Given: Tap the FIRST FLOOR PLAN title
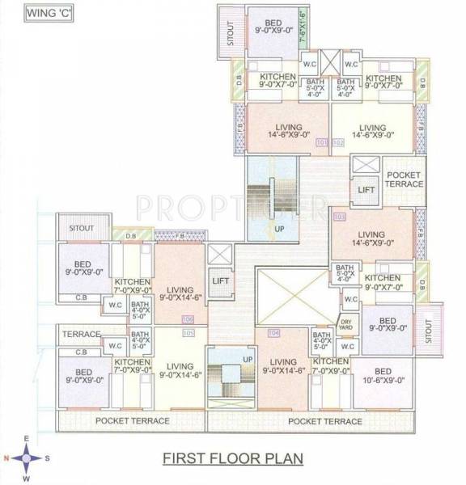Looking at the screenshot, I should pyautogui.click(x=233, y=458).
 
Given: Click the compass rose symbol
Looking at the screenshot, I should pyautogui.click(x=27, y=458).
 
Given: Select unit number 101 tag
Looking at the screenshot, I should pyautogui.click(x=321, y=142).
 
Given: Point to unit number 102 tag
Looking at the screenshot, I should pyautogui.click(x=337, y=142).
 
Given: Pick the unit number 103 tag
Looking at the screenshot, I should pyautogui.click(x=339, y=217).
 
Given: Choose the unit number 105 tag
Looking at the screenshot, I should pyautogui.click(x=189, y=332).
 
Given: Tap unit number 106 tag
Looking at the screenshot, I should pyautogui.click(x=189, y=319).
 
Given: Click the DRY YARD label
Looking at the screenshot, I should pyautogui.click(x=345, y=324).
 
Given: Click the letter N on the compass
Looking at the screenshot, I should pyautogui.click(x=6, y=458).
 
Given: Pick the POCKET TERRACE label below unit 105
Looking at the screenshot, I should pyautogui.click(x=132, y=420).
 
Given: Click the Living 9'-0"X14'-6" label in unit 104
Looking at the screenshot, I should pyautogui.click(x=283, y=365).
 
